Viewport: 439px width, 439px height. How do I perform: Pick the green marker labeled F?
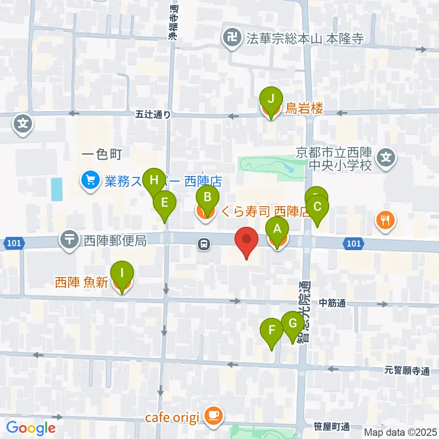pyautogui.click(x=272, y=330)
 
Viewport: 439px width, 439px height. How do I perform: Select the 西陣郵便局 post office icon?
pyautogui.click(x=70, y=240)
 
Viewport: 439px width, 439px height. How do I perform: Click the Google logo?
pyautogui.click(x=31, y=428)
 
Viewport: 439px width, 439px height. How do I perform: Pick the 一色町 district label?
pyautogui.click(x=102, y=155)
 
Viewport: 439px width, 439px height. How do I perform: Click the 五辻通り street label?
pyautogui.click(x=153, y=115)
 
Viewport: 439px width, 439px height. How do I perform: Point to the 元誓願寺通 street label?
pyautogui.click(x=407, y=371)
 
